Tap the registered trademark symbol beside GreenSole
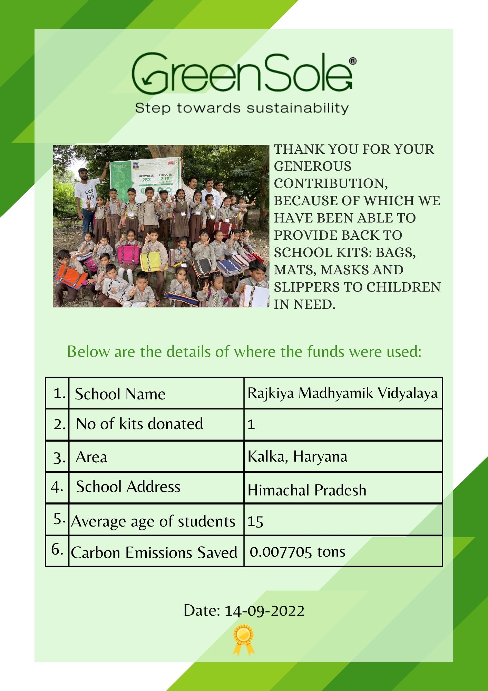tap(353, 61)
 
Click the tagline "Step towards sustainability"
tap(242, 108)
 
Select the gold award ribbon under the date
tap(244, 639)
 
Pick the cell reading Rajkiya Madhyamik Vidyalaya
tap(342, 393)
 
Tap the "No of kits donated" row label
tap(139, 424)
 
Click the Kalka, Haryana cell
tap(297, 456)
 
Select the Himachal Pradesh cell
tap(307, 490)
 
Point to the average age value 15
tap(255, 521)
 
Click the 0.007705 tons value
tap(297, 552)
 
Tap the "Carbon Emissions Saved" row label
tap(154, 552)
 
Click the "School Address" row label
tap(128, 487)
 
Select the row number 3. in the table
tap(59, 458)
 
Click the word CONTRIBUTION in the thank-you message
tap(331, 183)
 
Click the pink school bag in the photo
tap(128, 254)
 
